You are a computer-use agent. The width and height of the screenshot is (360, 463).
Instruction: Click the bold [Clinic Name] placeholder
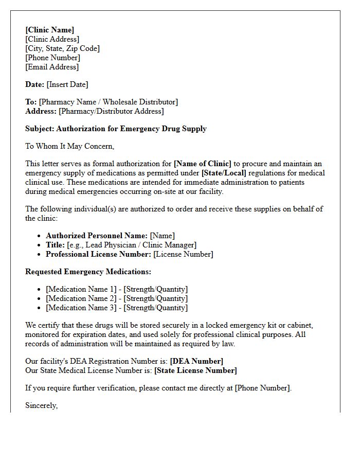[50, 30]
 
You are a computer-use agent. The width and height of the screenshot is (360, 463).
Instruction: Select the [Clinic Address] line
[52, 39]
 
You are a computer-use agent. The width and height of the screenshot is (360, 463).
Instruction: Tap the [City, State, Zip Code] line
[62, 48]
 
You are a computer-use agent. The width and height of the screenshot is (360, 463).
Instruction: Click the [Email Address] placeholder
[52, 67]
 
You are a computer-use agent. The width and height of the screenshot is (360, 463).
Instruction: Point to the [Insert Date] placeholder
[67, 84]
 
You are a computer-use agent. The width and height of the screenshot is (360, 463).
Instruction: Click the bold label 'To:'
[31, 102]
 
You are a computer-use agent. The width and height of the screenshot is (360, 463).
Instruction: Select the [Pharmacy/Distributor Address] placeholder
[111, 111]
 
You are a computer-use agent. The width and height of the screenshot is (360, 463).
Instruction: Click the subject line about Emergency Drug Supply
[116, 129]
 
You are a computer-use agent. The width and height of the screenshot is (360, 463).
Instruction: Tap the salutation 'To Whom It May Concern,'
[70, 146]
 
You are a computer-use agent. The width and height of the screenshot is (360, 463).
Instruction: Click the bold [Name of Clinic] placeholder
[203, 164]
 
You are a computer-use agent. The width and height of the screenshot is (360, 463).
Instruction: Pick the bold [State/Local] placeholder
[224, 173]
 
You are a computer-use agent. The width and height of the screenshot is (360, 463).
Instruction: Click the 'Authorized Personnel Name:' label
[97, 236]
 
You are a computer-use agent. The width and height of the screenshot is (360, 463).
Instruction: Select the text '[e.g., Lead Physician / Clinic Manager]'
[132, 245]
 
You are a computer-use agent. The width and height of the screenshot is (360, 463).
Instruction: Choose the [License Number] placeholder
[183, 254]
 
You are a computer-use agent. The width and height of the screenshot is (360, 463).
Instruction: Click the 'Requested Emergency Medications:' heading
[88, 272]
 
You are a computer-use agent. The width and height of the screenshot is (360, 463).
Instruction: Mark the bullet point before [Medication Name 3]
[39, 308]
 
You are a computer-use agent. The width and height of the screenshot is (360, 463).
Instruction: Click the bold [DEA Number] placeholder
[196, 361]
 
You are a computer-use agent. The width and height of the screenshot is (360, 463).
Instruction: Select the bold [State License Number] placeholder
[195, 370]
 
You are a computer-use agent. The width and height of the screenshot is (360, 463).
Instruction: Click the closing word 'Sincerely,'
[42, 405]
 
